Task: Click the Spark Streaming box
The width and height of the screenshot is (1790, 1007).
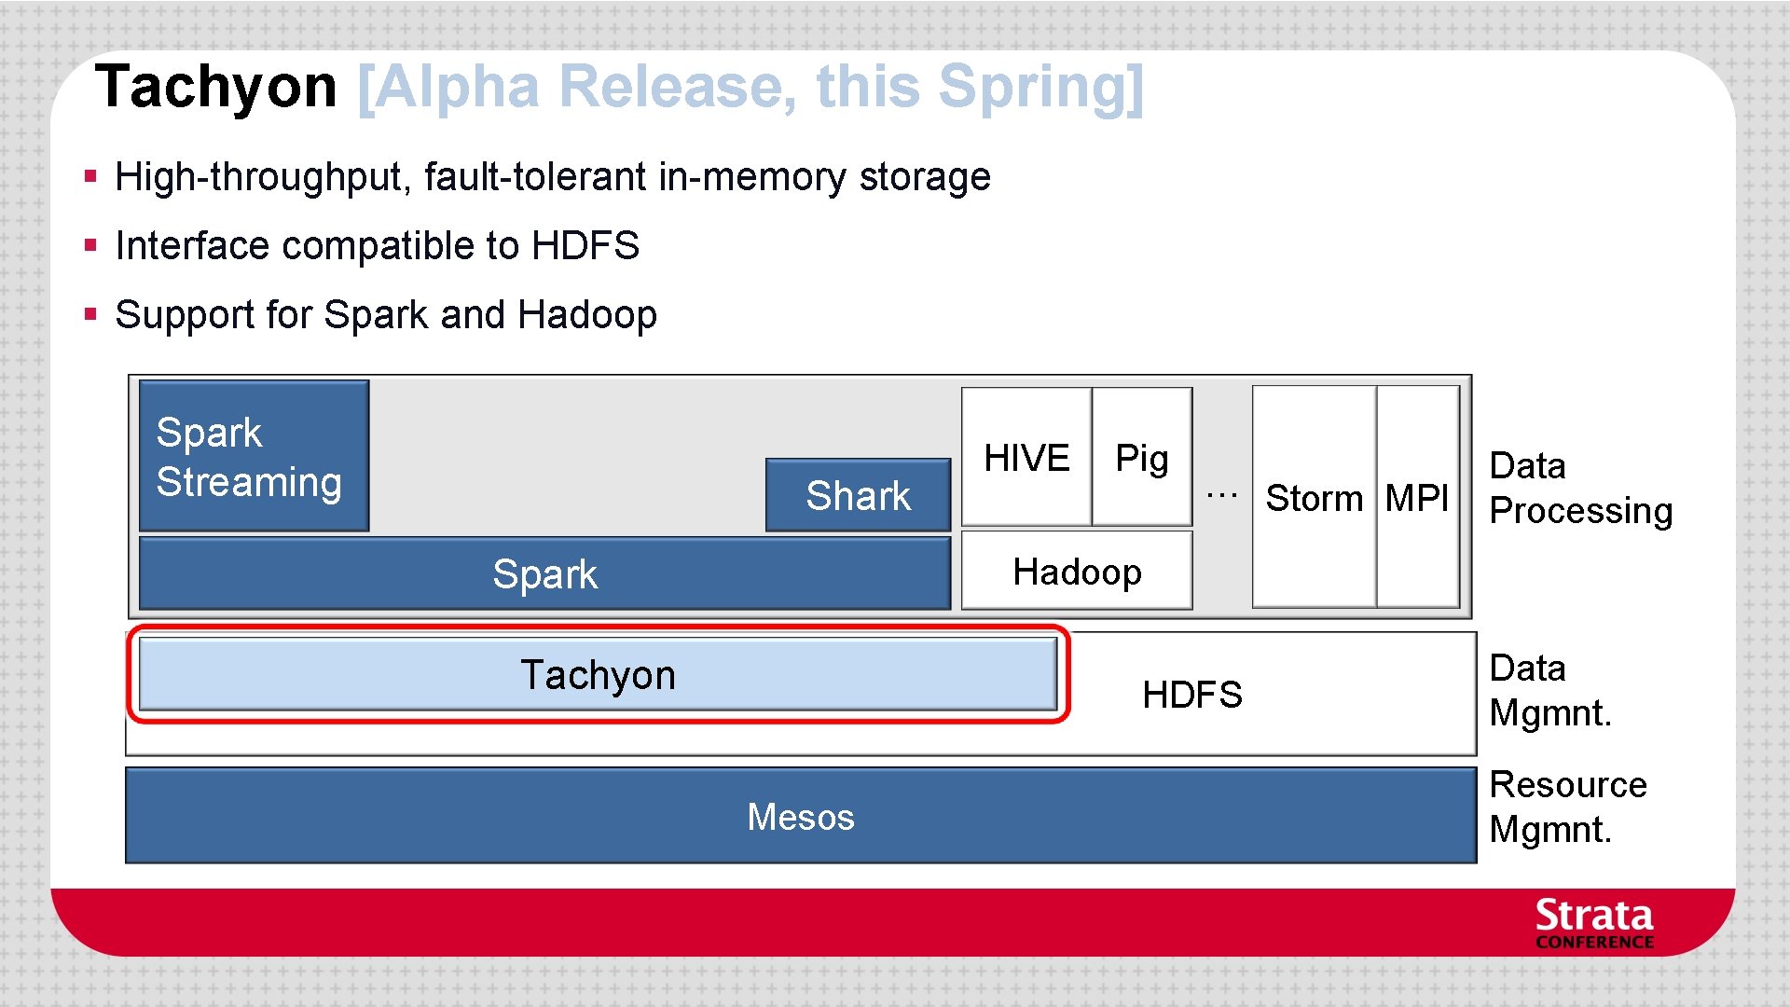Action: [x=254, y=456]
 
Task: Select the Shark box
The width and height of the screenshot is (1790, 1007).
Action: [x=858, y=495]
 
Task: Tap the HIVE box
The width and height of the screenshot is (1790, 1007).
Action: [x=1026, y=457]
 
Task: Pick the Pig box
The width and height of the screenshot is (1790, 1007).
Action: [x=1142, y=457]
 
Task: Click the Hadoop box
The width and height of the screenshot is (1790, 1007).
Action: [x=1077, y=571]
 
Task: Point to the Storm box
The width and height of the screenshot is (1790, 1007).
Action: [x=1315, y=498]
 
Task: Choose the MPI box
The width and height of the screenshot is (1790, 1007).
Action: [x=1417, y=498]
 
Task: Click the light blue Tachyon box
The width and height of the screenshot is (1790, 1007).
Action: [x=598, y=674]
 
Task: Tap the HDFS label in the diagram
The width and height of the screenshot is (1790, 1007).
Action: [x=1192, y=695]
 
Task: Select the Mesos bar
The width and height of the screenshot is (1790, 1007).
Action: [x=800, y=816]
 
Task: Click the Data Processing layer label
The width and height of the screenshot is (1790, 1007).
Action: [x=1581, y=488]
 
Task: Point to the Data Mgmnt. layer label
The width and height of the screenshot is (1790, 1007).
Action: [x=1550, y=690]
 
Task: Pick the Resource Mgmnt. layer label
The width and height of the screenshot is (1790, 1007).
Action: [x=1568, y=807]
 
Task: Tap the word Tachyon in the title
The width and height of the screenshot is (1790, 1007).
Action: [x=215, y=87]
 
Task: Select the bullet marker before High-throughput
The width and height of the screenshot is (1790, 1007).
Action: [x=90, y=175]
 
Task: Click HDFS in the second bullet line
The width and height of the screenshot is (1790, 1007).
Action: [x=585, y=245]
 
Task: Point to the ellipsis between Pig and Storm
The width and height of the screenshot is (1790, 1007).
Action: [x=1221, y=494]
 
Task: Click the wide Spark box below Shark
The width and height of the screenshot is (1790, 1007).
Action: [x=544, y=573]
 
